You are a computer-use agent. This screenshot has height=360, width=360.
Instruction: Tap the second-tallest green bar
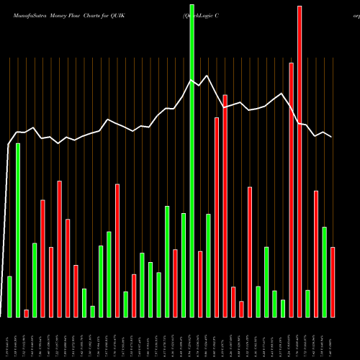pos(18,230)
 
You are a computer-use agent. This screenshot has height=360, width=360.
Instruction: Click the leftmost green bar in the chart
pos(9,296)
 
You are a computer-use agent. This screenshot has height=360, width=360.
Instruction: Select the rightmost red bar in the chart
pos(333,282)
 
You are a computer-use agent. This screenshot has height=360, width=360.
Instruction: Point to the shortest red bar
pos(26,313)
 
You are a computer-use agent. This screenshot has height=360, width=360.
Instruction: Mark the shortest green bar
pos(92,311)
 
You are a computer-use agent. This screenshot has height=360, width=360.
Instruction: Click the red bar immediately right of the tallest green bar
pos(200,284)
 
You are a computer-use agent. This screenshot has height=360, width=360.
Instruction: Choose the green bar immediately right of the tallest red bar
pos(307,303)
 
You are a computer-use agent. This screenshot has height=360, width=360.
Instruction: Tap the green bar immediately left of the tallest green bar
pos(184,265)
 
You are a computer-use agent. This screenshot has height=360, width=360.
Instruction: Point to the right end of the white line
pos(332,137)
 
